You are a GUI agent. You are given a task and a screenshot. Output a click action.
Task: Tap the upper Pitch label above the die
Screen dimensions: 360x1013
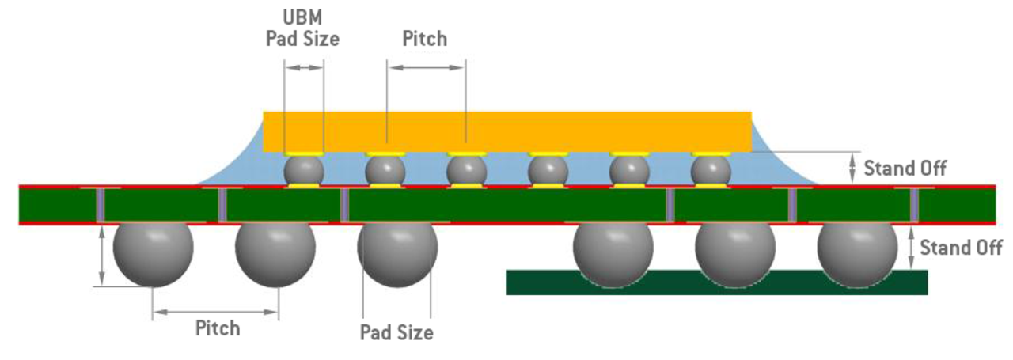tap(425, 38)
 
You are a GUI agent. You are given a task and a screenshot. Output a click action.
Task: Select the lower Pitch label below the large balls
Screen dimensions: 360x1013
tap(218, 328)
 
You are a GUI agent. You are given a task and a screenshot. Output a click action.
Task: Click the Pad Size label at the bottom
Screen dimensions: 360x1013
tap(396, 332)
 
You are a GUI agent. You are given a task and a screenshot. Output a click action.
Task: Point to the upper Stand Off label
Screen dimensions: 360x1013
tap(905, 168)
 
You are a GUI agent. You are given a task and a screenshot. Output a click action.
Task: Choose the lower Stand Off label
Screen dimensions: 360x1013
tap(961, 248)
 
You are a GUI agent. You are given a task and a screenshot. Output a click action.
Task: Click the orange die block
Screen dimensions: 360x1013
tap(506, 131)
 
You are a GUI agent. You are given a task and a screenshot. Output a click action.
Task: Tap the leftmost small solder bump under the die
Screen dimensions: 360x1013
tap(304, 169)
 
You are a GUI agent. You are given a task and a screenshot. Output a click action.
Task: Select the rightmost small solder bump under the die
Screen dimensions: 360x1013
tap(711, 169)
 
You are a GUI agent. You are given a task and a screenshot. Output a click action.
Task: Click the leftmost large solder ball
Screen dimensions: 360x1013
tap(153, 253)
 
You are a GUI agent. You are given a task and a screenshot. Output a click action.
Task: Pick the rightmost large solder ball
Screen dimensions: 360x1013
tap(857, 252)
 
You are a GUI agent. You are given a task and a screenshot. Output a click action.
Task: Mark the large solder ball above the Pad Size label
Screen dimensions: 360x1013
tap(396, 253)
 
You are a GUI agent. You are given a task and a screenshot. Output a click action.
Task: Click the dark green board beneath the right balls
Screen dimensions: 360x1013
tap(716, 283)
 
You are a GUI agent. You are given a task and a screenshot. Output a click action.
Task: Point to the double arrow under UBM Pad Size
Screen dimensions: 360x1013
tap(304, 68)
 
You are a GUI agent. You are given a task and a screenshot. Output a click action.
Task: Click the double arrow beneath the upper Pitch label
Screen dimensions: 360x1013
tap(426, 68)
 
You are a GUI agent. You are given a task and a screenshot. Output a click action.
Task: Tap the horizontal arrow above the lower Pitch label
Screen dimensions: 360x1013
tap(215, 313)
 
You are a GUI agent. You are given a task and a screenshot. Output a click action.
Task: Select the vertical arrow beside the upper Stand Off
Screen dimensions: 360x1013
tap(852, 166)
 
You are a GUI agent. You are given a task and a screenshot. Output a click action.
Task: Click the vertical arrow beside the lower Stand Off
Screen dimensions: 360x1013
tap(911, 247)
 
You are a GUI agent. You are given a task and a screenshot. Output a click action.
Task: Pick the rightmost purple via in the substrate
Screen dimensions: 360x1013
tap(914, 205)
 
